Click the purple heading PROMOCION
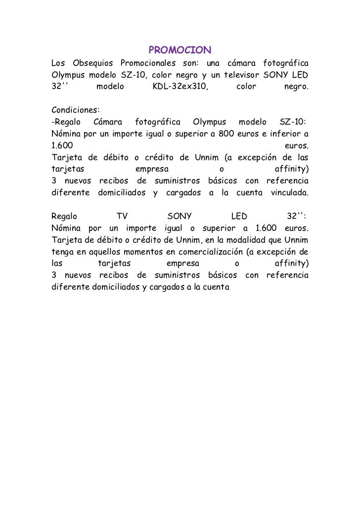tap(180, 50)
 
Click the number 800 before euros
tap(226, 133)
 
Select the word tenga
tap(62, 252)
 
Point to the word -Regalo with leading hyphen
tap(66, 122)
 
